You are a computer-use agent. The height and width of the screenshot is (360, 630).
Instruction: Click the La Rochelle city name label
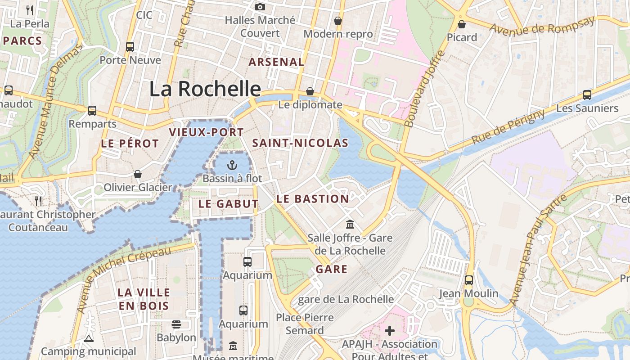pyautogui.click(x=205, y=89)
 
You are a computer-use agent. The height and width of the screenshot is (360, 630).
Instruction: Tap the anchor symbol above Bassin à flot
pyautogui.click(x=232, y=165)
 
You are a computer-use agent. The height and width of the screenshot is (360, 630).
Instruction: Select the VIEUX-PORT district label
pyautogui.click(x=206, y=132)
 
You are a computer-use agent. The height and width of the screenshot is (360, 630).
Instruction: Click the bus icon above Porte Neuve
pyautogui.click(x=130, y=46)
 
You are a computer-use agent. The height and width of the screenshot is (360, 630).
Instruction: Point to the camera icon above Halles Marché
pyautogui.click(x=260, y=7)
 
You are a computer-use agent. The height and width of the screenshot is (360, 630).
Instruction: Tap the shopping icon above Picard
pyautogui.click(x=462, y=24)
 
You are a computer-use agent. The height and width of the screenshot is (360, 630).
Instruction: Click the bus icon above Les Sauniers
pyautogui.click(x=587, y=94)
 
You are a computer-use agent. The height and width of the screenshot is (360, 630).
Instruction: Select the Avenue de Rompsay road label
pyautogui.click(x=542, y=26)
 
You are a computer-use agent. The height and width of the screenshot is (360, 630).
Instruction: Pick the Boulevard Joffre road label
pyautogui.click(x=424, y=89)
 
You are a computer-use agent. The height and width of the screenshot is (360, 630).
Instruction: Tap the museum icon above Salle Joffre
pyautogui.click(x=350, y=224)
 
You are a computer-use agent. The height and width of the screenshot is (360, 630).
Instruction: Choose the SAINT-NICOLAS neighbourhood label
pyautogui.click(x=300, y=143)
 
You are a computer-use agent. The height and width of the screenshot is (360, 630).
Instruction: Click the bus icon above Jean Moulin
pyautogui.click(x=469, y=280)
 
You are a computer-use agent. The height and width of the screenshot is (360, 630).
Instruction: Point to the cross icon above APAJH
pyautogui.click(x=390, y=331)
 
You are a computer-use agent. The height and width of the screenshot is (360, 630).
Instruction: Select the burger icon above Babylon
pyautogui.click(x=176, y=324)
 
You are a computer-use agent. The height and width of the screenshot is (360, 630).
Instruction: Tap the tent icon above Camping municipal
pyautogui.click(x=88, y=338)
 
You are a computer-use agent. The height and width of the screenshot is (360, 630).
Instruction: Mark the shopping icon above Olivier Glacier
pyautogui.click(x=138, y=174)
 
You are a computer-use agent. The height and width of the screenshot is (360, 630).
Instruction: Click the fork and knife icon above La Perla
pyautogui.click(x=30, y=9)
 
